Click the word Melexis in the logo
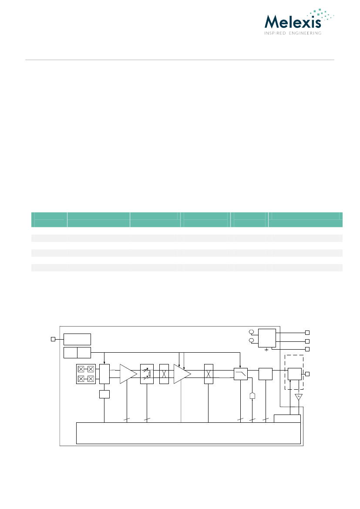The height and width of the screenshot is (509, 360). [x=293, y=22]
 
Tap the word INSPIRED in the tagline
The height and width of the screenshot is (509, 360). [x=275, y=33]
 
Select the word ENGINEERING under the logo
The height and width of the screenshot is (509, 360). [x=305, y=33]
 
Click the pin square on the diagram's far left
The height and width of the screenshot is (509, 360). [x=53, y=339]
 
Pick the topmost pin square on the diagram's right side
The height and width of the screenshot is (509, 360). [x=307, y=333]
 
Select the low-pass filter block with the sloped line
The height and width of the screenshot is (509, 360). [x=241, y=374]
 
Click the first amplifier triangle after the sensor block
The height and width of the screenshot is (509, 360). [x=128, y=374]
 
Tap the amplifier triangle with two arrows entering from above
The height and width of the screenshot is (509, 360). [x=182, y=374]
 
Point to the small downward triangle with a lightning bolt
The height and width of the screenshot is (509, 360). [x=299, y=397]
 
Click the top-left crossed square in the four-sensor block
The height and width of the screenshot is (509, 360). [x=81, y=369]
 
